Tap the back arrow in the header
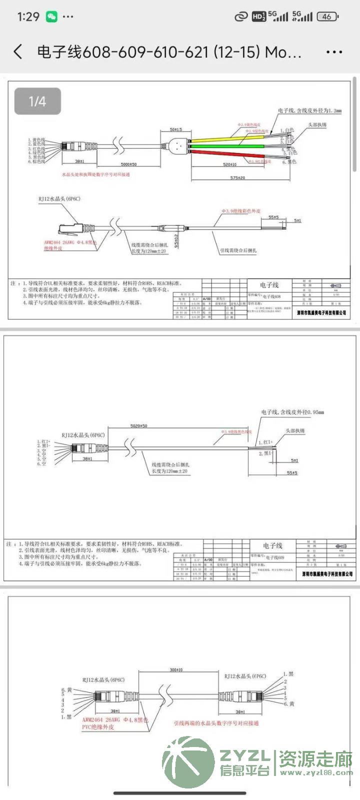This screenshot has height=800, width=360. click(18, 51)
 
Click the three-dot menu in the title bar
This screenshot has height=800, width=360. click(334, 51)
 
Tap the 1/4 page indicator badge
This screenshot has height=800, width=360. click(37, 101)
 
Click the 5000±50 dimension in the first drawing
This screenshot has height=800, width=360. click(128, 164)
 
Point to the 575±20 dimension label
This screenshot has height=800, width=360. click(237, 177)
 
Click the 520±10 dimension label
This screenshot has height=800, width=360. click(229, 164)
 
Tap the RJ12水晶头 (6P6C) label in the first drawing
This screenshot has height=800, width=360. click(59, 199)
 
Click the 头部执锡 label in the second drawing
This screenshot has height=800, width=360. click(295, 430)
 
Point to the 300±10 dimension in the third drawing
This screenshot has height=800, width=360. click(176, 669)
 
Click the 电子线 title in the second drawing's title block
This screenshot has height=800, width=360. click(272, 545)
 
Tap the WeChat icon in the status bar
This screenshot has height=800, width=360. click(51, 17)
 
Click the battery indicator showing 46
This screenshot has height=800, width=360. click(327, 16)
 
